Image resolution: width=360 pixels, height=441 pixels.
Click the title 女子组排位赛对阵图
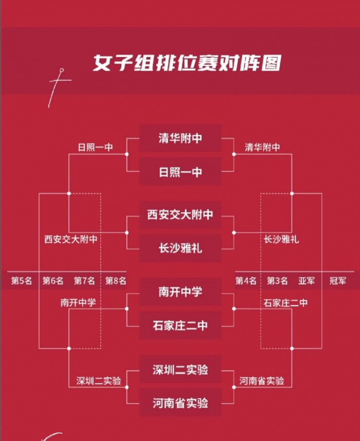(187, 63)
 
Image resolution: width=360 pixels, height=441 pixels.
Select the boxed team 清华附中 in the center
(181, 138)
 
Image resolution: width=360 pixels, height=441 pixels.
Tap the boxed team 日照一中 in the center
(181, 172)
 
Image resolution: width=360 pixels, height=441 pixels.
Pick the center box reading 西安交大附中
(181, 215)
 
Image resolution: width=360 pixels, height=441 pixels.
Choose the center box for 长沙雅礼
(181, 248)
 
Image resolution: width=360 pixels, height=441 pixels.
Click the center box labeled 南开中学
(181, 292)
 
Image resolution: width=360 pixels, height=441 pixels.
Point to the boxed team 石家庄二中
(181, 325)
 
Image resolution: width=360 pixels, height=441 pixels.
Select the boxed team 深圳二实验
(181, 370)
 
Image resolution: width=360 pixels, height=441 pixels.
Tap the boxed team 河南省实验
(181, 403)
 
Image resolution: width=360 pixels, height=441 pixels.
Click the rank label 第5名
(22, 281)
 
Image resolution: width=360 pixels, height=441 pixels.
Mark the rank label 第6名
(53, 281)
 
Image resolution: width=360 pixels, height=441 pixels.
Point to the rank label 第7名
(84, 281)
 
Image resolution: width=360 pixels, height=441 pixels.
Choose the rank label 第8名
(116, 281)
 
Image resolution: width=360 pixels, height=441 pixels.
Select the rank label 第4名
(246, 281)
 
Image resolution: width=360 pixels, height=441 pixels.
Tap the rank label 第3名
(277, 281)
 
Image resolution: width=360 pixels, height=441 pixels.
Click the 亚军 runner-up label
(307, 281)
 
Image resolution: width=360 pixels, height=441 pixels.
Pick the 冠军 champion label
(338, 281)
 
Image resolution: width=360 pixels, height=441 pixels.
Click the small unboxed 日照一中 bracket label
(96, 147)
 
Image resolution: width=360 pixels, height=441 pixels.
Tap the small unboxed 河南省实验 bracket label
(262, 381)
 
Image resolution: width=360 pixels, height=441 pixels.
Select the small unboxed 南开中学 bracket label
(78, 303)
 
